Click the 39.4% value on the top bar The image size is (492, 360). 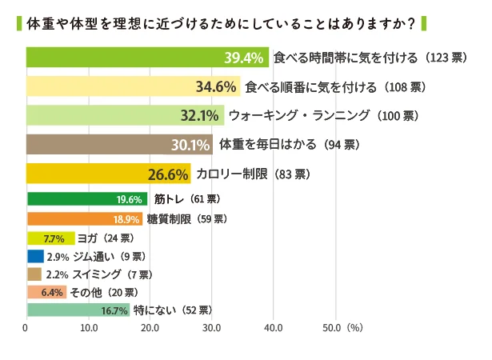[243, 58]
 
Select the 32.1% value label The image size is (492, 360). [200, 115]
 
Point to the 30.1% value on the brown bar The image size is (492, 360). [189, 145]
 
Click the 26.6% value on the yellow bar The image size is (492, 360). [167, 174]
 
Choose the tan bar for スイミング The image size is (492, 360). [34, 274]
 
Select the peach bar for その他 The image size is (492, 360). [46, 293]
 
